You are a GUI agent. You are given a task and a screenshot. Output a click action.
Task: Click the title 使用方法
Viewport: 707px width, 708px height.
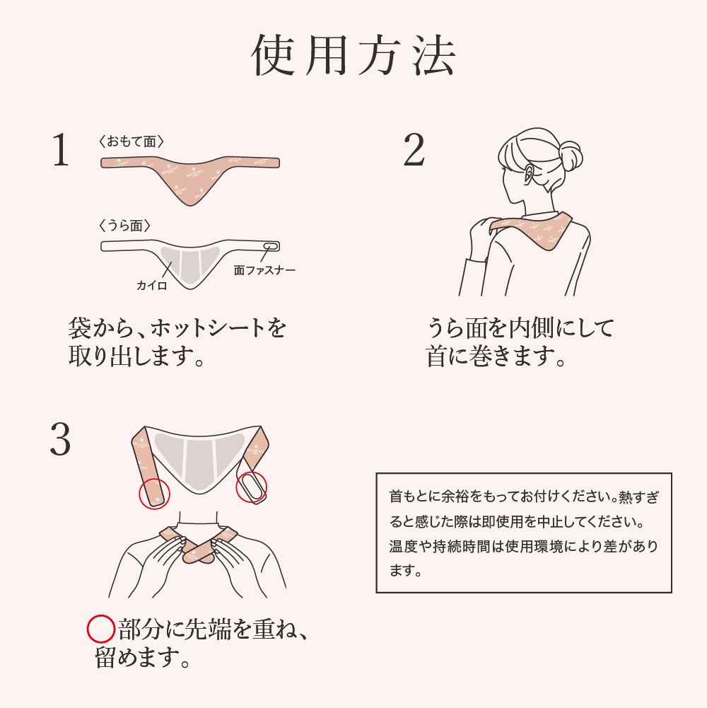353,55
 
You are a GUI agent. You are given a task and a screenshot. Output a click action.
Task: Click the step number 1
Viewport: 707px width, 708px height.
61,150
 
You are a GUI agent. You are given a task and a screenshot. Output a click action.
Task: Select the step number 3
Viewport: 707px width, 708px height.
60,439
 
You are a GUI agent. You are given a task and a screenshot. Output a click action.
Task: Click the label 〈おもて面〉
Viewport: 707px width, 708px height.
132,141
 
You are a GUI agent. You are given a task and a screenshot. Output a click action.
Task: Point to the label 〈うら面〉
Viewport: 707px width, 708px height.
124,226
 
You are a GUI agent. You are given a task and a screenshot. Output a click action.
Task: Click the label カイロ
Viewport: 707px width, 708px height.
152,285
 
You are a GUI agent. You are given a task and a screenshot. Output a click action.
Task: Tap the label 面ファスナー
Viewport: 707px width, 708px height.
264,270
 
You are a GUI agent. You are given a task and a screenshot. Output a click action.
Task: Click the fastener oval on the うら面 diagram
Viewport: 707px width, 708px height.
271,247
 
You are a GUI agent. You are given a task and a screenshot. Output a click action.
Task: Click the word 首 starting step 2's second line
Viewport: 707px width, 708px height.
436,356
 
